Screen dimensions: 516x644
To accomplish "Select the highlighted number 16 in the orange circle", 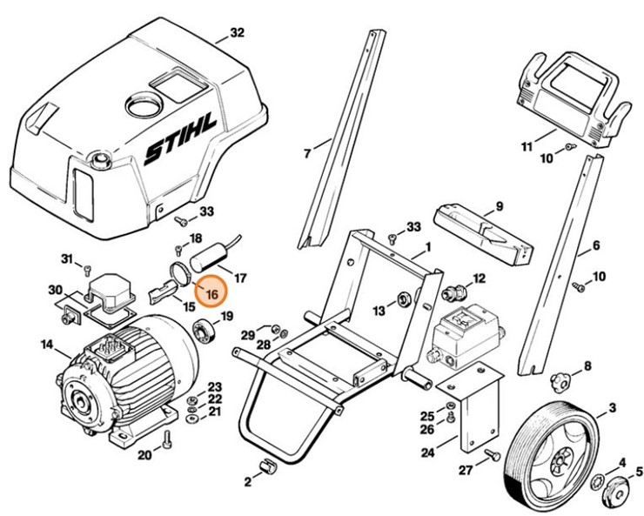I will click(210, 294).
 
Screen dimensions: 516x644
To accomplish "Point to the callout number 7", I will click(306, 153).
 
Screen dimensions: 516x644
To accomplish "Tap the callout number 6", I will click(596, 245).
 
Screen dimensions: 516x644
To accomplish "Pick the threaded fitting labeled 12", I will click(453, 290).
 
